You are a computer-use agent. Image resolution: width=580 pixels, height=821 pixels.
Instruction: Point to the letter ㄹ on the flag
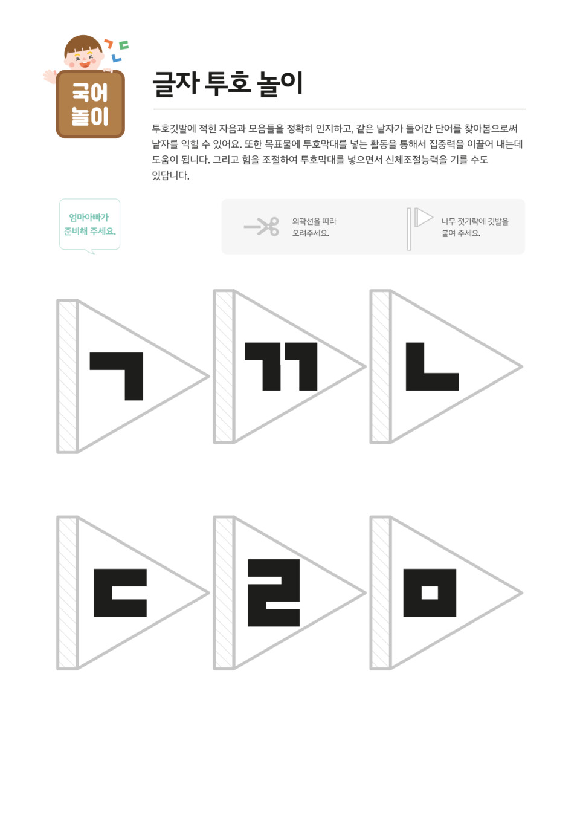coord(274,592)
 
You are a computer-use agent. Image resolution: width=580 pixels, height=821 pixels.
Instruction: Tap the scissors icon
coord(262,227)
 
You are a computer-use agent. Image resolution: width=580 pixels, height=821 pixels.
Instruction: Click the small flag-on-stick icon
coord(420,228)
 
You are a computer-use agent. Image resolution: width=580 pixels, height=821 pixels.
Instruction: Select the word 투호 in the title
coord(227,83)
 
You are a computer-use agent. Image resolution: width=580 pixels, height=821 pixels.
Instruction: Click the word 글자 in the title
coord(176,83)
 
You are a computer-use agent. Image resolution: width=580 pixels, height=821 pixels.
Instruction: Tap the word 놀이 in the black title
coord(280,83)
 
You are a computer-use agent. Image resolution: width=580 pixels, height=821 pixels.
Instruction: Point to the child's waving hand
coord(50,76)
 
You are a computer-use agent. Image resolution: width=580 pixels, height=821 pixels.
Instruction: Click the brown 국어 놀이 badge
coord(91,104)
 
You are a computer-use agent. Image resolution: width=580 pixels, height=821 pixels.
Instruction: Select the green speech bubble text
coord(89,224)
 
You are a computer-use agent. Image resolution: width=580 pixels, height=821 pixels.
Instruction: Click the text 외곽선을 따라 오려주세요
coord(314,227)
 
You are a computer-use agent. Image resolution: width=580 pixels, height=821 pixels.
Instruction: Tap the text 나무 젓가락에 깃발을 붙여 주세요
coord(474,227)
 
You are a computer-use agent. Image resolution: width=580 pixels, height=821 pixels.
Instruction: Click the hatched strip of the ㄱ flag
coord(68,377)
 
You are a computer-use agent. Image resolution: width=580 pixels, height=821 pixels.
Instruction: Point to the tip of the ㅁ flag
coord(522,592)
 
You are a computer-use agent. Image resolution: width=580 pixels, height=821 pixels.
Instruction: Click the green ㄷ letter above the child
coord(124,45)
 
